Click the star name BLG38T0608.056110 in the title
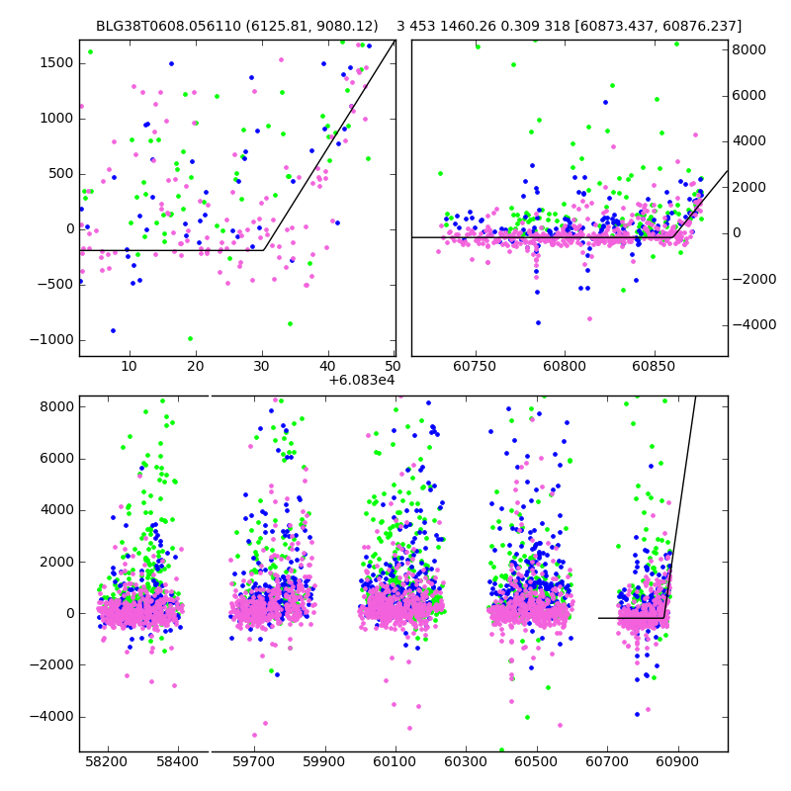tap(154, 27)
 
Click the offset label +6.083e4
tap(361, 379)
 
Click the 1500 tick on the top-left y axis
tap(55, 62)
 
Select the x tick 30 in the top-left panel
tap(262, 368)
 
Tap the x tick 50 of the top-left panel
tap(394, 368)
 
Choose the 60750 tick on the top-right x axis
tap(476, 368)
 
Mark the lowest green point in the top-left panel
tap(190, 338)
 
